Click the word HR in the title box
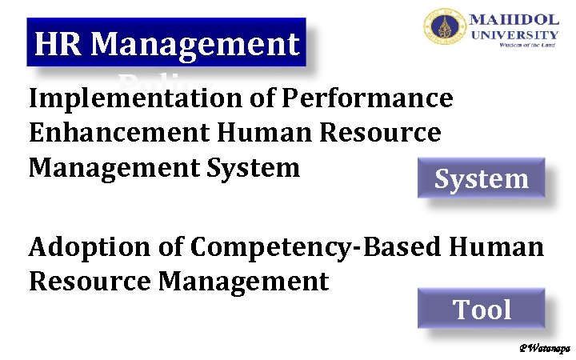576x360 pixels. pyautogui.click(x=58, y=45)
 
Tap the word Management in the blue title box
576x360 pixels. pyautogui.click(x=194, y=45)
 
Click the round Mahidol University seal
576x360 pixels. pyautogui.click(x=442, y=29)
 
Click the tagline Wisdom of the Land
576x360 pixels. pyautogui.click(x=527, y=46)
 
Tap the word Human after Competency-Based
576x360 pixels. pyautogui.click(x=496, y=247)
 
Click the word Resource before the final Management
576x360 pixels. pyautogui.click(x=90, y=282)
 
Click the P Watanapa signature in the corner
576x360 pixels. pyautogui.click(x=543, y=349)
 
